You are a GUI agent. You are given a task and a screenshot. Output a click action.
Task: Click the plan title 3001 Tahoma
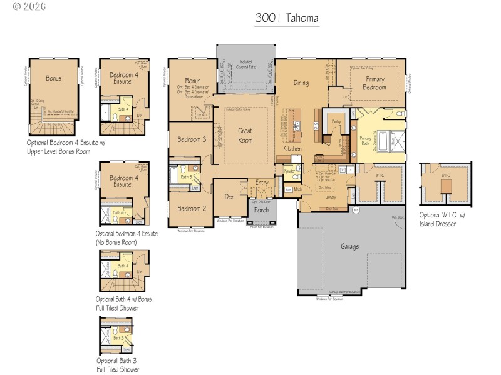pos(287,18)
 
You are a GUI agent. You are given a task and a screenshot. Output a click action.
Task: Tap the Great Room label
pos(245,136)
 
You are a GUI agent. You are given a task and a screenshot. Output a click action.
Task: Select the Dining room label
pos(301,82)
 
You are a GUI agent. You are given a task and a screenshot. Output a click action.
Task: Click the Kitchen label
pos(292,149)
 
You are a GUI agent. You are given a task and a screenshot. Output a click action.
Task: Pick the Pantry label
pos(336,123)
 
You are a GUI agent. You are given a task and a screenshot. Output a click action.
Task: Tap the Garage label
pos(349,247)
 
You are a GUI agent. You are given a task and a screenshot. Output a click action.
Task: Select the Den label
pos(230,196)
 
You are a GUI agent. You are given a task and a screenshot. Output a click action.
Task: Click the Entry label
pos(261,182)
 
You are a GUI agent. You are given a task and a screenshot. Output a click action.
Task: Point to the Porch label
pos(261,210)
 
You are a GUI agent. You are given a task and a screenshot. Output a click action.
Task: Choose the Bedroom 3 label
pos(192,139)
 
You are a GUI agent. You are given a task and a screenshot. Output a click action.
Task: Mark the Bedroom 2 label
pos(191,209)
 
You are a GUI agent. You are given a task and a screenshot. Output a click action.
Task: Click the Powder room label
pos(289,171)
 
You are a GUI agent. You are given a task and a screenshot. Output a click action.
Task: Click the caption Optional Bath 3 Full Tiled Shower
pos(118,365)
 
